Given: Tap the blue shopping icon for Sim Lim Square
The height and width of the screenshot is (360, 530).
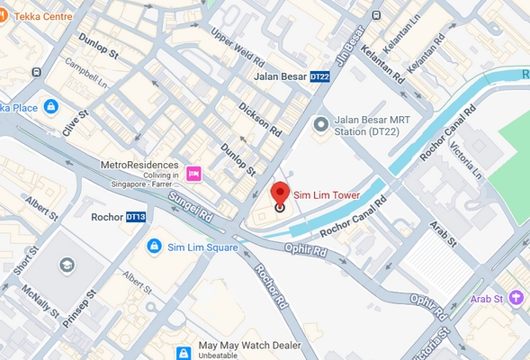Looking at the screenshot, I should click(155, 246).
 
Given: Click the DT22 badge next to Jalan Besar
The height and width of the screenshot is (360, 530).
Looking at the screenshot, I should click(320, 78).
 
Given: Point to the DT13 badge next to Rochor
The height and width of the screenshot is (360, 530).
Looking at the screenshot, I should click(135, 217).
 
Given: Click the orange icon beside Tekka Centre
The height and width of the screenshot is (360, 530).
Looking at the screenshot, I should click(4, 16).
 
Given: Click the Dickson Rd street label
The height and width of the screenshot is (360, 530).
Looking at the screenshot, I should click(260, 119).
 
